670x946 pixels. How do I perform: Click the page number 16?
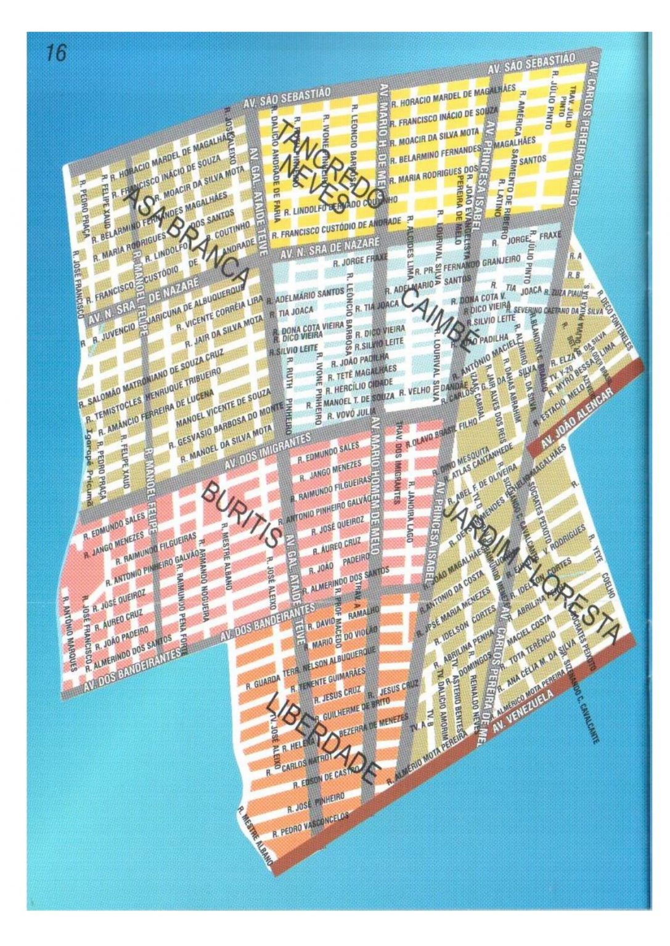point(55,53)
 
